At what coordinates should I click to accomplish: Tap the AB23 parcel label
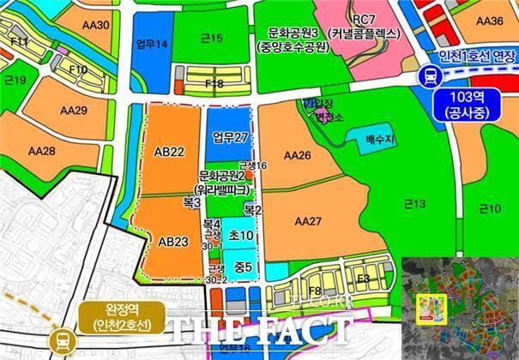pyautogui.click(x=173, y=241)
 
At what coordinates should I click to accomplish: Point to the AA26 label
pyautogui.click(x=296, y=155)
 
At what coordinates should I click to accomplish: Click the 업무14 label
pyautogui.click(x=151, y=44)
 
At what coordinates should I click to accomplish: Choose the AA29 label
pyautogui.click(x=73, y=111)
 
